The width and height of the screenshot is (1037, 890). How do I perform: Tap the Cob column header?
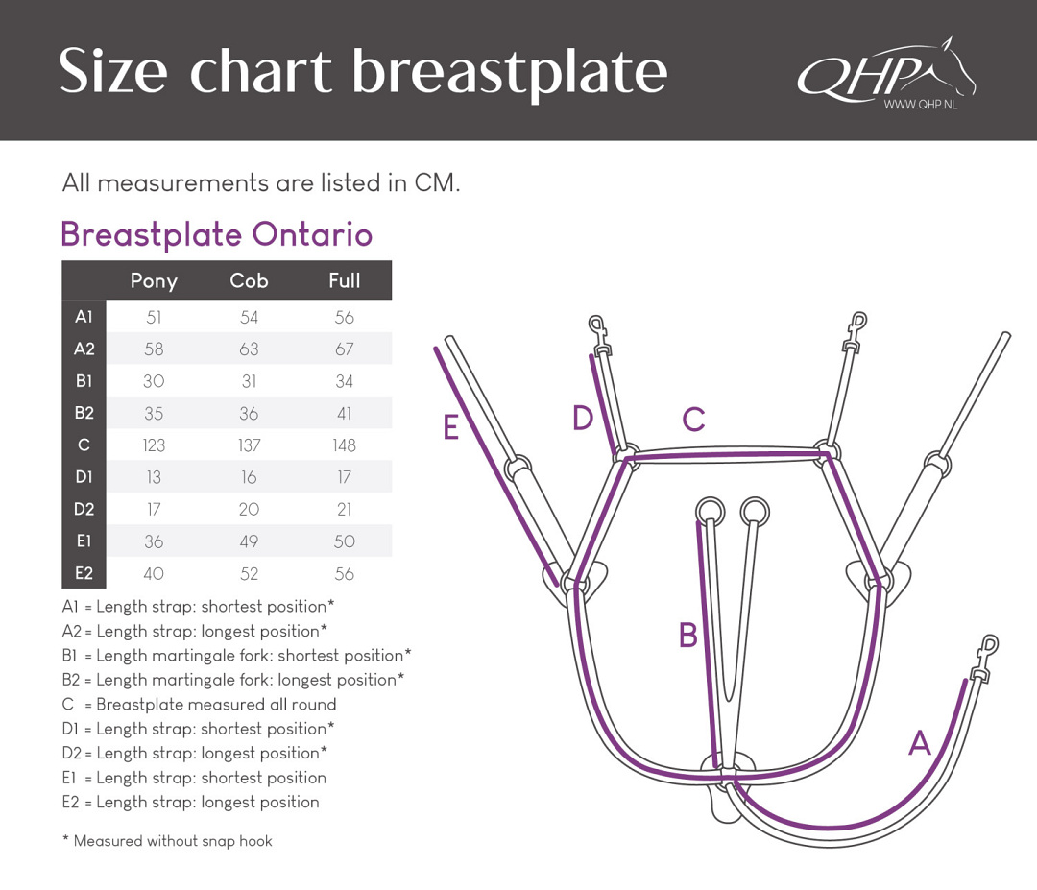(x=249, y=280)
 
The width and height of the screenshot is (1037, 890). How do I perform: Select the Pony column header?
(x=154, y=281)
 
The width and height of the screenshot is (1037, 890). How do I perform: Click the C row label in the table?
(x=84, y=445)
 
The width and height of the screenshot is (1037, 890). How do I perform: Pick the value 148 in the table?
(x=344, y=445)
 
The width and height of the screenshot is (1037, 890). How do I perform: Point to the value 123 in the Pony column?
(x=154, y=445)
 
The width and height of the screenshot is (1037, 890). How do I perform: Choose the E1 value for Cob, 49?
(x=249, y=541)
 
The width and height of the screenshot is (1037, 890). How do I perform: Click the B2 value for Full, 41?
(x=344, y=413)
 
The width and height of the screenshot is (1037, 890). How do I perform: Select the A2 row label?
(x=84, y=349)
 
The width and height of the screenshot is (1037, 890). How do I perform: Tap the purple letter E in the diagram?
(x=451, y=426)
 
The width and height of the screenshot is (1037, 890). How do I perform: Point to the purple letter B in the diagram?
(x=688, y=635)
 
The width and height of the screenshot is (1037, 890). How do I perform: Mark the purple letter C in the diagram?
(x=694, y=420)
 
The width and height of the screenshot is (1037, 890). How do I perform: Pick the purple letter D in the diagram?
(x=583, y=418)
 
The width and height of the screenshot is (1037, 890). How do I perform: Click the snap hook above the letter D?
(x=598, y=334)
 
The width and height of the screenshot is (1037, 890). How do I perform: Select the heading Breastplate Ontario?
(x=217, y=234)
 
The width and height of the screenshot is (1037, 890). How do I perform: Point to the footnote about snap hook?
(x=167, y=841)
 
